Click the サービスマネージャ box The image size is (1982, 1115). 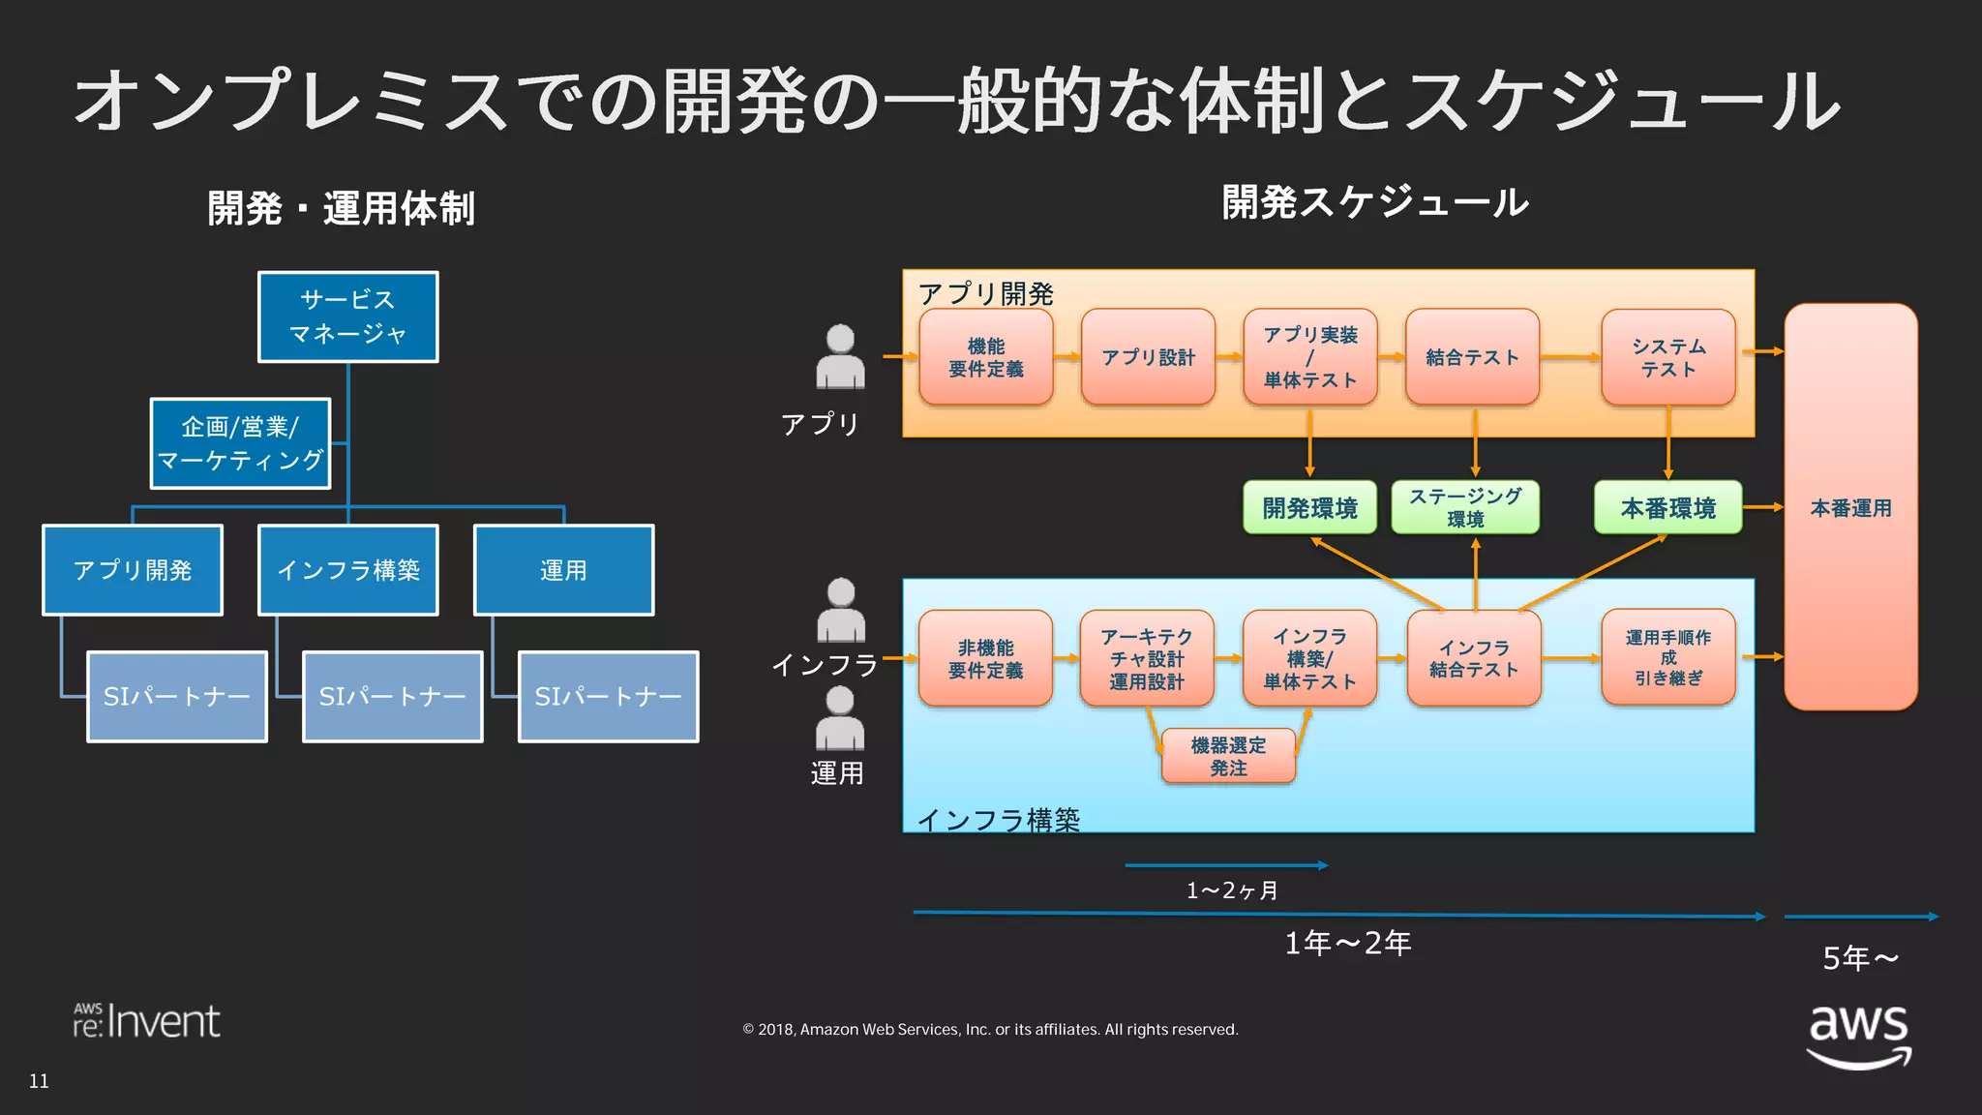coord(347,316)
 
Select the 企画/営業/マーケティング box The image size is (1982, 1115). coord(240,443)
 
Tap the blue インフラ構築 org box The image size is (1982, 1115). coord(347,569)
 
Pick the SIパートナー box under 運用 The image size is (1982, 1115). coord(608,696)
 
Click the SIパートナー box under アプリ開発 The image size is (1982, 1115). coord(176,696)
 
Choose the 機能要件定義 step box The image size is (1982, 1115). coord(985,357)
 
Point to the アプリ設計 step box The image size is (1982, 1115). coord(1148,357)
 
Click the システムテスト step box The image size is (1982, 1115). coord(1667,357)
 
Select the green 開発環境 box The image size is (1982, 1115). coord(1309,507)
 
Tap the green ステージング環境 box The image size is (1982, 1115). coord(1464,507)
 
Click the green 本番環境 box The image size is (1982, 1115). coord(1667,507)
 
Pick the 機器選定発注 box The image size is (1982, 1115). coord(1227,756)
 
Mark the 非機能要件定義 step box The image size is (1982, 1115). coord(985,658)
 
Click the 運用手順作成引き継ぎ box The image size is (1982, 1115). coord(1667,657)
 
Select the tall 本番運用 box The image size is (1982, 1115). coord(1849,507)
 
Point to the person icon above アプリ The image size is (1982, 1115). coord(840,357)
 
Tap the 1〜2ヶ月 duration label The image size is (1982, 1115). coord(1231,889)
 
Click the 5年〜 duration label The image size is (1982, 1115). coord(1859,957)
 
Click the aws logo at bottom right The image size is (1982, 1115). coord(1858,1036)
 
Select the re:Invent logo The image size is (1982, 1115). coord(147,1021)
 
